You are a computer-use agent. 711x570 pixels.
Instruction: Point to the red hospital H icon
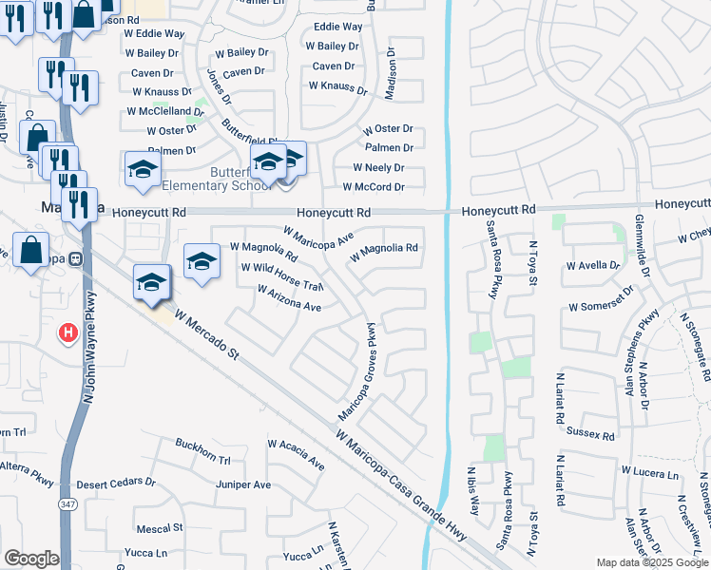click(x=68, y=333)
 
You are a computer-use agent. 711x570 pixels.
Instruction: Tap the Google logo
click(x=30, y=559)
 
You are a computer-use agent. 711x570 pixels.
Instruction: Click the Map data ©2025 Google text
click(x=651, y=562)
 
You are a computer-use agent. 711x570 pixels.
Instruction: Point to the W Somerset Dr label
click(x=601, y=307)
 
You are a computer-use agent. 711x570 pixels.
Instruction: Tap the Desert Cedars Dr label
click(x=116, y=483)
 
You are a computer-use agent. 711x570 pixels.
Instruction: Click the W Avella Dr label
click(x=592, y=266)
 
